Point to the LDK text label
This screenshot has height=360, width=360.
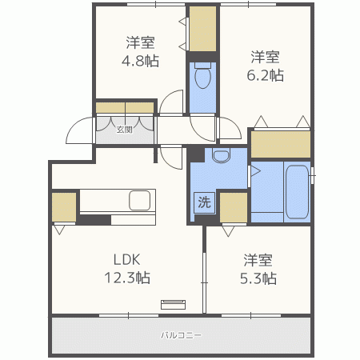click(x=126, y=260)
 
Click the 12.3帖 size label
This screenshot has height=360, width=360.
click(x=126, y=278)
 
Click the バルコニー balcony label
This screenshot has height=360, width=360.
click(x=181, y=335)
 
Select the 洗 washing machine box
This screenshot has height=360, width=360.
click(x=204, y=202)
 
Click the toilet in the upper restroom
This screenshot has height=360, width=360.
click(x=203, y=78)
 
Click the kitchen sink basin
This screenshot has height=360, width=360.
click(x=141, y=200)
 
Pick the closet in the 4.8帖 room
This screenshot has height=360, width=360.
click(x=202, y=28)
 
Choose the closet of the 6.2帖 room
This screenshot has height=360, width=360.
click(x=280, y=143)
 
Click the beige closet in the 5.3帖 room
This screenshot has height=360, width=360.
click(x=234, y=206)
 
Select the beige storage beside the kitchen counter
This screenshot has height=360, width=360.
click(x=64, y=206)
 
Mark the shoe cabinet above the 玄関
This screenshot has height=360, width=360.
click(x=125, y=106)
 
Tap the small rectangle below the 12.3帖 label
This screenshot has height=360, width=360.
click(x=173, y=303)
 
